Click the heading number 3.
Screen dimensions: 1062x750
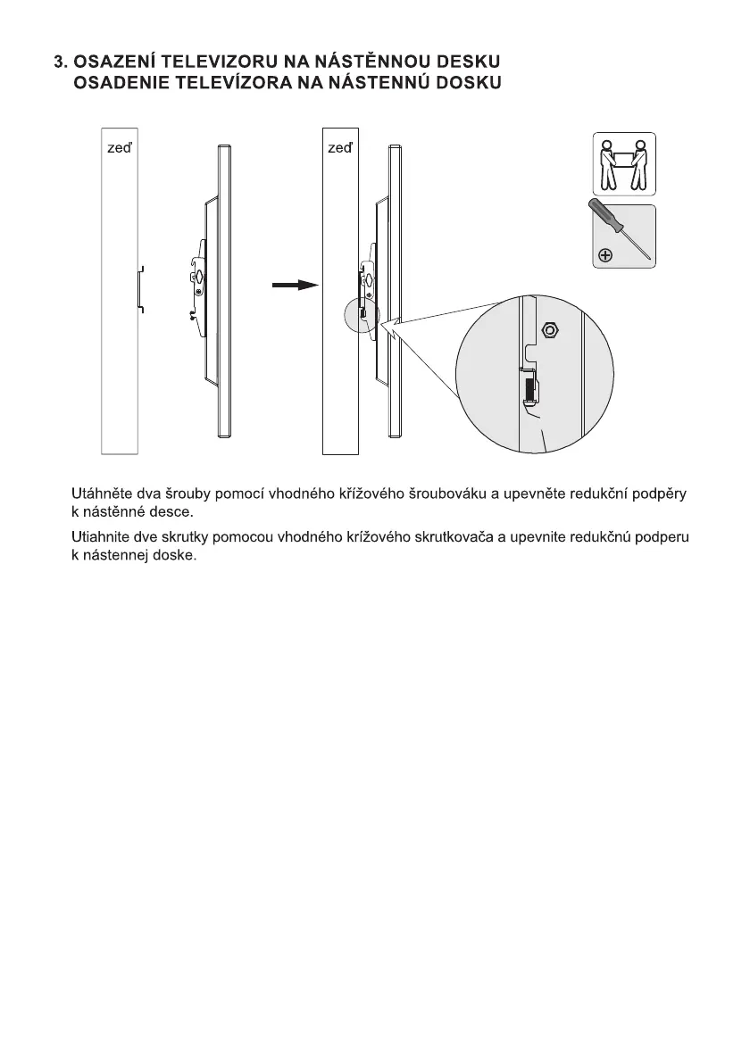[59, 62]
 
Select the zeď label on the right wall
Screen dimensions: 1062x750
[339, 148]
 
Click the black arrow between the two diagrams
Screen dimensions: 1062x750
[295, 285]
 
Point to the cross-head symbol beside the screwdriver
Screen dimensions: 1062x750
[604, 256]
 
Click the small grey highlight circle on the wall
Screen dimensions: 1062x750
[362, 315]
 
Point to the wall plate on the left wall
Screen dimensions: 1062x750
[138, 288]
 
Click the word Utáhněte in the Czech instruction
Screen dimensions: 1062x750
[98, 494]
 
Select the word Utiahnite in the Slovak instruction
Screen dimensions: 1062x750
[99, 538]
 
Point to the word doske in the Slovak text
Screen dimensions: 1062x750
[173, 556]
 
